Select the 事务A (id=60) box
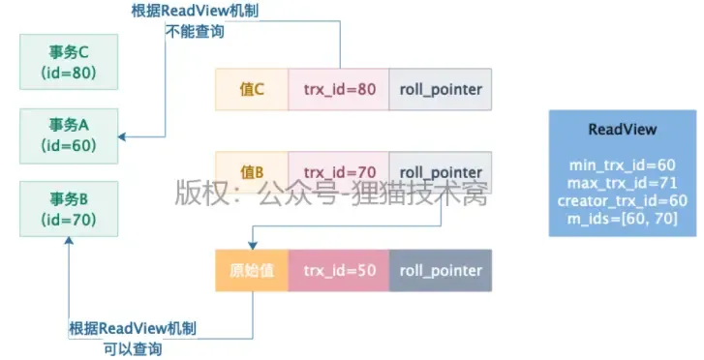pos(68,135)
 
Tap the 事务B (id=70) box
pos(68,209)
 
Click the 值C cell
pos(252,89)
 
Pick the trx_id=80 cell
pos(339,89)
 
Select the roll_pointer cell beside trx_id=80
pos(440,89)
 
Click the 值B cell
pos(252,172)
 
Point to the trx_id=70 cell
pos(339,172)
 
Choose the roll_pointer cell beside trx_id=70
pos(440,172)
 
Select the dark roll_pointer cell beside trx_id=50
pos(441,270)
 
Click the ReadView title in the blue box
pos(622,129)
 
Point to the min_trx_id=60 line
pos(622,165)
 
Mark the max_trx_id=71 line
pos(622,183)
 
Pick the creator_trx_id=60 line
pos(622,200)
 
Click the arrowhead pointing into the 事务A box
pos(125,137)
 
